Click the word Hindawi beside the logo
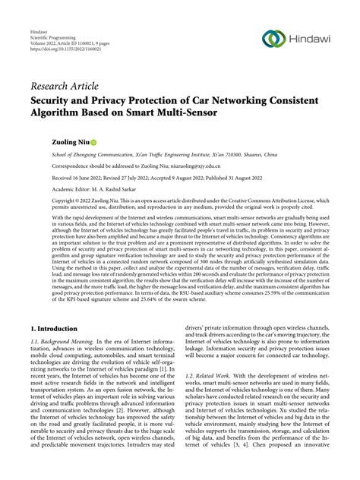313,39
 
